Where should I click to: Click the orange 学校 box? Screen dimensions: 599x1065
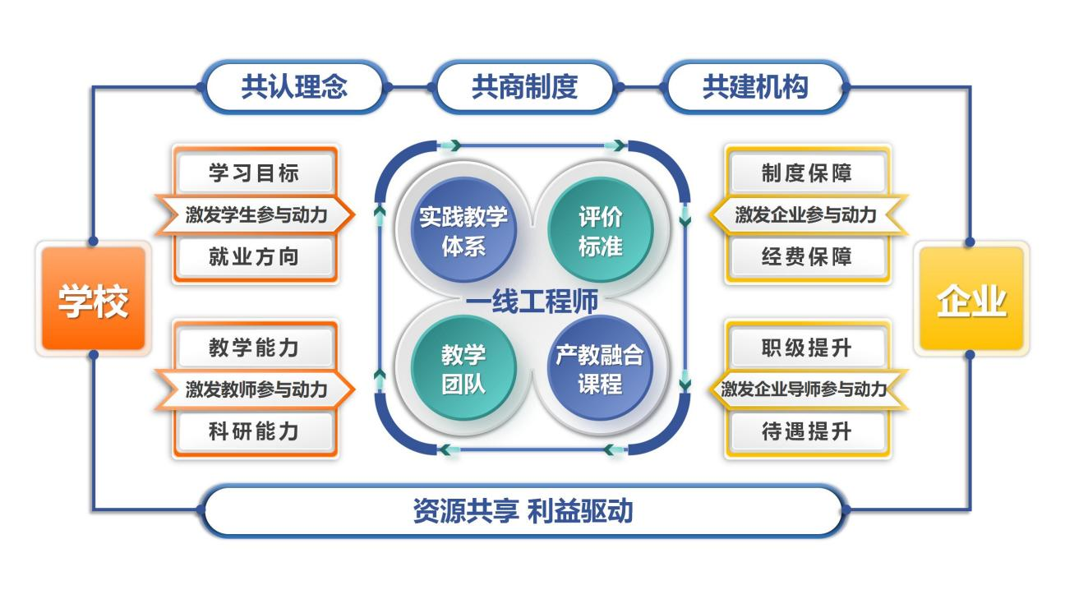(x=93, y=299)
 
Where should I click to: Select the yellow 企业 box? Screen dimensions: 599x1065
(x=970, y=299)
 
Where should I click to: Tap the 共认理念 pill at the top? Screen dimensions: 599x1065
(x=293, y=86)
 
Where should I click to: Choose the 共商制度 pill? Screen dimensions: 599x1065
(x=524, y=86)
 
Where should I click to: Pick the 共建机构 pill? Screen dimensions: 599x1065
(x=754, y=86)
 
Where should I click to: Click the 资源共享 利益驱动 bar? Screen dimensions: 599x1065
(x=523, y=510)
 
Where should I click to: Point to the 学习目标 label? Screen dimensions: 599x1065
(x=255, y=173)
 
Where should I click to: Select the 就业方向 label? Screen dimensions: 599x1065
(x=255, y=257)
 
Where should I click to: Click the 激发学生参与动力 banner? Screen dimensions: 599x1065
(x=255, y=215)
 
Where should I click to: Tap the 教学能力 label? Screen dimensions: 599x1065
(x=255, y=348)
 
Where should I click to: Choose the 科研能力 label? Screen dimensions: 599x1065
(x=255, y=431)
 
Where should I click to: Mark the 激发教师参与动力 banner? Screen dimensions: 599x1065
(x=255, y=389)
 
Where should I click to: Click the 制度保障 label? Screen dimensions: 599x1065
(x=807, y=173)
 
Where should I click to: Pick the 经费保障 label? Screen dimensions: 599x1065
(x=807, y=257)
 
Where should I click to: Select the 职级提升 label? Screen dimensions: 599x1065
(x=807, y=348)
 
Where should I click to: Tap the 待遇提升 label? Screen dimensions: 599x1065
(x=807, y=431)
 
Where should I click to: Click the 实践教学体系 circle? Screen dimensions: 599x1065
(x=463, y=231)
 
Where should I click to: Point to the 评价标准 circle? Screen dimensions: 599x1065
(x=600, y=231)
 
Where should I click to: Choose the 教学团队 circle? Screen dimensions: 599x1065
(x=463, y=369)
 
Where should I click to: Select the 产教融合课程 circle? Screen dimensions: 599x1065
(x=600, y=369)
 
